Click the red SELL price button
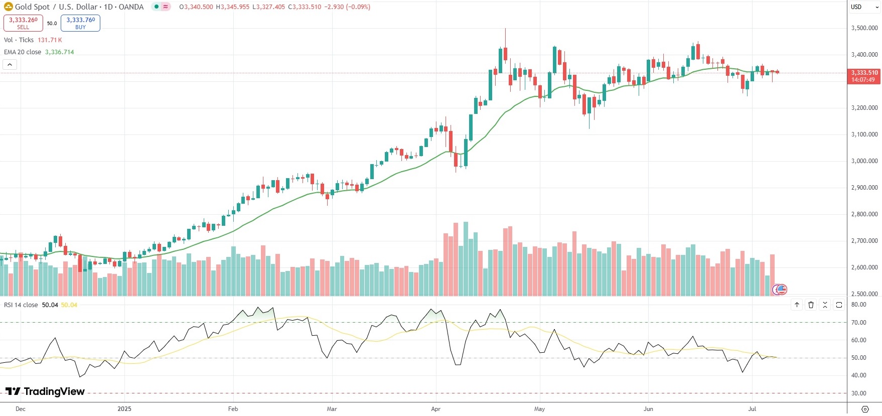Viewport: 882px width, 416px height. (x=23, y=23)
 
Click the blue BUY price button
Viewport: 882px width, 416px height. (x=80, y=23)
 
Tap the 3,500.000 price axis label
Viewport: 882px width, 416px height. (x=864, y=28)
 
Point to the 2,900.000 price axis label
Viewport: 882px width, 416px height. (x=864, y=188)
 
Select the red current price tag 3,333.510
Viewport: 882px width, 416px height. (x=864, y=76)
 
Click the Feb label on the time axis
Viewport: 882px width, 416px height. (x=233, y=409)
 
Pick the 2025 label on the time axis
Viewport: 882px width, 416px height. (x=124, y=409)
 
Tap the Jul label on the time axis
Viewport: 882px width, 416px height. (x=752, y=409)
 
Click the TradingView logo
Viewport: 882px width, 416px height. (x=45, y=391)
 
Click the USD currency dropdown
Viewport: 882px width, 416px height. (x=864, y=7)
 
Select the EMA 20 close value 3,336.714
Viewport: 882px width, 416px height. (x=59, y=52)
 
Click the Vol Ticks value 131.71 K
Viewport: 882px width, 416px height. (x=50, y=40)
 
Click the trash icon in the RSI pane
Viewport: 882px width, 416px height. (x=811, y=305)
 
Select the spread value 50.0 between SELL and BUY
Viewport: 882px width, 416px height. (x=52, y=24)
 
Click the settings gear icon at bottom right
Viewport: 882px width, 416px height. (x=865, y=409)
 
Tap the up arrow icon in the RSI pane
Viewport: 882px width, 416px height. (x=797, y=305)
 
